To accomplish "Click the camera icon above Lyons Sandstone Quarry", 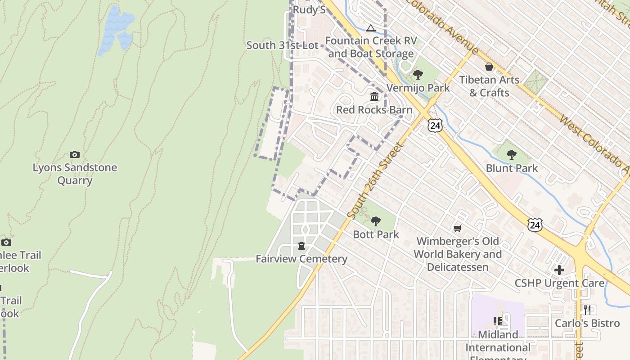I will click(x=75, y=155).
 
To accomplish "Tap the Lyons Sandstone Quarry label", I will click(x=75, y=174).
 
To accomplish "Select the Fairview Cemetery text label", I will click(x=301, y=259).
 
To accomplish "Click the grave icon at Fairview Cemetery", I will click(x=301, y=246).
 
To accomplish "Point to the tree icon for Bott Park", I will click(x=376, y=221).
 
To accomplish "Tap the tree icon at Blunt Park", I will click(x=511, y=155).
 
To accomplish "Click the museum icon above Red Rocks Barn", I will click(x=374, y=97).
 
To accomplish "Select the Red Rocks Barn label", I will click(x=374, y=110).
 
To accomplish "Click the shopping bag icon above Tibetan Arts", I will click(x=489, y=67).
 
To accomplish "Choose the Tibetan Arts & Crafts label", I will click(x=489, y=86).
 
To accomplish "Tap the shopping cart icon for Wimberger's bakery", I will click(x=458, y=229).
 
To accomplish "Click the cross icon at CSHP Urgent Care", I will click(x=559, y=270).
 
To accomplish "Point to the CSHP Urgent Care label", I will click(x=560, y=283).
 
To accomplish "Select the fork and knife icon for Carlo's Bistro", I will click(x=587, y=310).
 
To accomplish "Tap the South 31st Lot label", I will click(x=282, y=45).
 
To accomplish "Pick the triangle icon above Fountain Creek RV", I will click(x=370, y=28).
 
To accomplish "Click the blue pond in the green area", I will click(x=116, y=29).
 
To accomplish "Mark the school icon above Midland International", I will click(x=498, y=321).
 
